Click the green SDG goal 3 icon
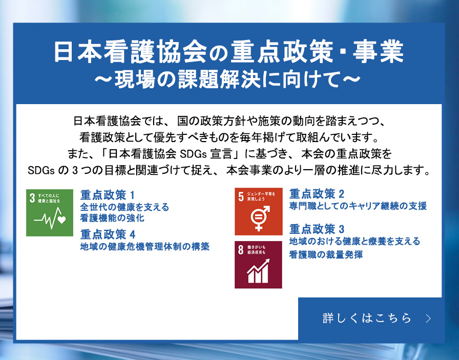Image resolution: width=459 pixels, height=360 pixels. (x=50, y=212)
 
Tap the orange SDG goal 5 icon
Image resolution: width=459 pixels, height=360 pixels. (x=259, y=211)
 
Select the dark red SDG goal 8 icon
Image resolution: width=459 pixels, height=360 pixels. (x=258, y=265)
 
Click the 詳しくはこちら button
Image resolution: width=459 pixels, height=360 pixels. (x=370, y=318)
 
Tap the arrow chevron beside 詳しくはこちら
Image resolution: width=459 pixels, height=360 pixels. (x=429, y=318)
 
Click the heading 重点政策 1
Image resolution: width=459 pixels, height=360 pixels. (x=108, y=195)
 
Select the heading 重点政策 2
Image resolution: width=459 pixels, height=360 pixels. (x=317, y=194)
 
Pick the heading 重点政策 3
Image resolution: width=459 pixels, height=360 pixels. (x=317, y=229)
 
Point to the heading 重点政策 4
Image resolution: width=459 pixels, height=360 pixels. (x=108, y=234)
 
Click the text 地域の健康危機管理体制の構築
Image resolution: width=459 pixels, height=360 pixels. (x=145, y=246)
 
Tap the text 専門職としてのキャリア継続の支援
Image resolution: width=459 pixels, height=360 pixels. (x=358, y=206)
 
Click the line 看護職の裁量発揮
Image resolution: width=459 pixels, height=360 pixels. (x=326, y=254)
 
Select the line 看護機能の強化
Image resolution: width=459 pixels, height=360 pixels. (x=112, y=218)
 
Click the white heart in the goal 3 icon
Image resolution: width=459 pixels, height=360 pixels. (x=61, y=219)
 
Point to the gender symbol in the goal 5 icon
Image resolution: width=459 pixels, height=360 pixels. (x=260, y=218)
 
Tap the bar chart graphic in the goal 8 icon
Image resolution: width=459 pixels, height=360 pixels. (x=258, y=271)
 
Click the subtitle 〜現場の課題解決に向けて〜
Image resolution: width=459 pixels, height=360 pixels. (x=227, y=79)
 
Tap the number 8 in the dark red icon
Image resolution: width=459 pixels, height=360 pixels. (x=241, y=250)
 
